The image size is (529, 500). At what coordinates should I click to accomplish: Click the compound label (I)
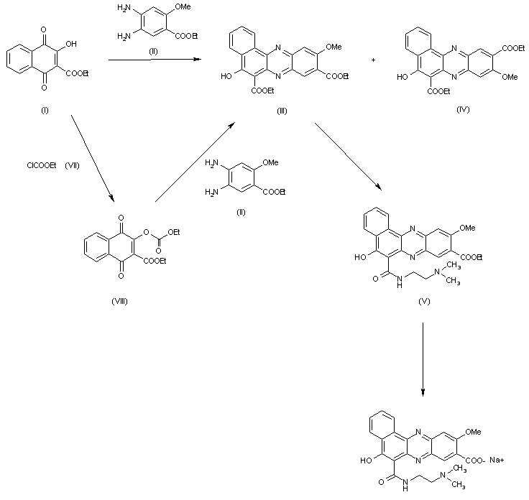pos(45,110)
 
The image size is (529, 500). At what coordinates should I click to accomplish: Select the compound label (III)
pos(282,111)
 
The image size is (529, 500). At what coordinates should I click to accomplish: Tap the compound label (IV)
pos(463,109)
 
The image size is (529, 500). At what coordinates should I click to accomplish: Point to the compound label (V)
pos(424,301)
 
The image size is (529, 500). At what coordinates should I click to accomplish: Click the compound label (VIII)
pos(120,301)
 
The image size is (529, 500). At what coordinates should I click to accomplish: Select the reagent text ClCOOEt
pos(42,165)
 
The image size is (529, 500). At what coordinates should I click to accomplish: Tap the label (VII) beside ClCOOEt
pos(72,165)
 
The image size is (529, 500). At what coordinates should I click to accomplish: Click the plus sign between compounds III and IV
pos(373,60)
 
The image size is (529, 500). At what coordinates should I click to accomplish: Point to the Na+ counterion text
pos(497,460)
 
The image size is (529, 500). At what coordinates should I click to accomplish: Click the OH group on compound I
pos(71,44)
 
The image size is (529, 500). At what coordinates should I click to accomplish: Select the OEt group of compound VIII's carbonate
pos(173,232)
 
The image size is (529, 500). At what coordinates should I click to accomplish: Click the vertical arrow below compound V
pos(423,359)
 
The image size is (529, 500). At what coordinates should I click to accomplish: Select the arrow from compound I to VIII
pos(93,159)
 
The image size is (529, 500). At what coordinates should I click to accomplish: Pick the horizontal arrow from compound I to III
pos(155,60)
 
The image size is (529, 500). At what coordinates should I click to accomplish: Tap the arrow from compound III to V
pos(348,157)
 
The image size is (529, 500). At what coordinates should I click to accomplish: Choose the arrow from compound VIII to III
pos(195,162)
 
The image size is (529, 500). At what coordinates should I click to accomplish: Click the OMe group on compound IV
pos(510,77)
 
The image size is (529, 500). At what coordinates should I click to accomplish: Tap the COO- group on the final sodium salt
pos(475,460)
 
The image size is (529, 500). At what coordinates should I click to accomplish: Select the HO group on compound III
pos(226,77)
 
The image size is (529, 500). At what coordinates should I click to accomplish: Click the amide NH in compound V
pos(400,281)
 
